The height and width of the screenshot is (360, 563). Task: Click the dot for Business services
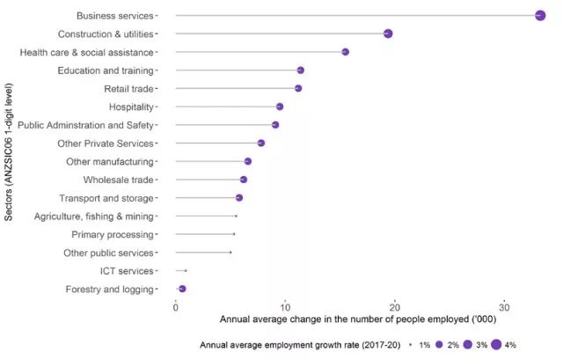[540, 15]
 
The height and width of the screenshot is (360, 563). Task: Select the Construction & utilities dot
[388, 33]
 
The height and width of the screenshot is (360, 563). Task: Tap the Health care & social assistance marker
[345, 52]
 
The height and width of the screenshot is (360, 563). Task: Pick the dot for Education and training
[300, 70]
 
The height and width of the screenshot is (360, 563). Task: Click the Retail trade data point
[298, 88]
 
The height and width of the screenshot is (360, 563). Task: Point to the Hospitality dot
[280, 107]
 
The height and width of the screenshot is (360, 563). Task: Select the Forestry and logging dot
[182, 289]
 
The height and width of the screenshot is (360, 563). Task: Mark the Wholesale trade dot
[244, 180]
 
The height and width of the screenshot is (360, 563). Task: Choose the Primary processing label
[113, 235]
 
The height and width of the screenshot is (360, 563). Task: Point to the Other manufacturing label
[110, 162]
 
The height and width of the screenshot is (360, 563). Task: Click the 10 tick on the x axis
[285, 305]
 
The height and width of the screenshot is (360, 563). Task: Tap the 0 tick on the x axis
[176, 305]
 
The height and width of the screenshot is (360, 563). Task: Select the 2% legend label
[453, 344]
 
